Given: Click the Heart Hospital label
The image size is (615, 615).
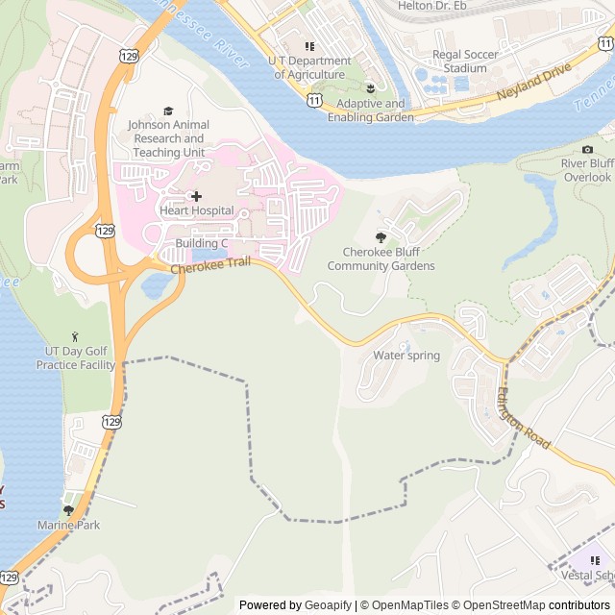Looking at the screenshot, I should tap(196, 210).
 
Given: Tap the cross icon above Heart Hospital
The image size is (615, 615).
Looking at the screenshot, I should tap(196, 196).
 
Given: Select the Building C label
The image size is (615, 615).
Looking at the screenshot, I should tap(201, 243).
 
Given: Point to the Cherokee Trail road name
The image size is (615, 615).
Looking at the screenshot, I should tap(210, 264).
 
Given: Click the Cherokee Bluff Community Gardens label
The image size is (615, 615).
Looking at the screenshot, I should tap(381, 259).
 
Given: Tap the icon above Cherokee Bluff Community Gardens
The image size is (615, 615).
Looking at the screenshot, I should tap(381, 236).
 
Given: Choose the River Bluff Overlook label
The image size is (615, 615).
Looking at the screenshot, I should tap(586, 170).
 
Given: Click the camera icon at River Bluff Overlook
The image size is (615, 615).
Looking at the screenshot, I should tap(587, 149).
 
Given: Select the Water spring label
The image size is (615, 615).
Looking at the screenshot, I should tap(406, 356).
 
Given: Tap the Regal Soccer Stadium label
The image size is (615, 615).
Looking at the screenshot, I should tap(465, 61).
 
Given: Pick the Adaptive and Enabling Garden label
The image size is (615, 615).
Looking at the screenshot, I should tap(370, 111).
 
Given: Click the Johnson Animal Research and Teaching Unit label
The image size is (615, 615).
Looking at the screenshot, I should tap(168, 138).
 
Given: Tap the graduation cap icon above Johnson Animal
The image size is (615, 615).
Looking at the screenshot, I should tap(169, 111).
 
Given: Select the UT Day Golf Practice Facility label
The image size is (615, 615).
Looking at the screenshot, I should tap(76, 358).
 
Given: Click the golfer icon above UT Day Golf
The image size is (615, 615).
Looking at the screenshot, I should tap(76, 336).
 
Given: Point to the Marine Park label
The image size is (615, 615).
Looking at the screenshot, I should tap(68, 525).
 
